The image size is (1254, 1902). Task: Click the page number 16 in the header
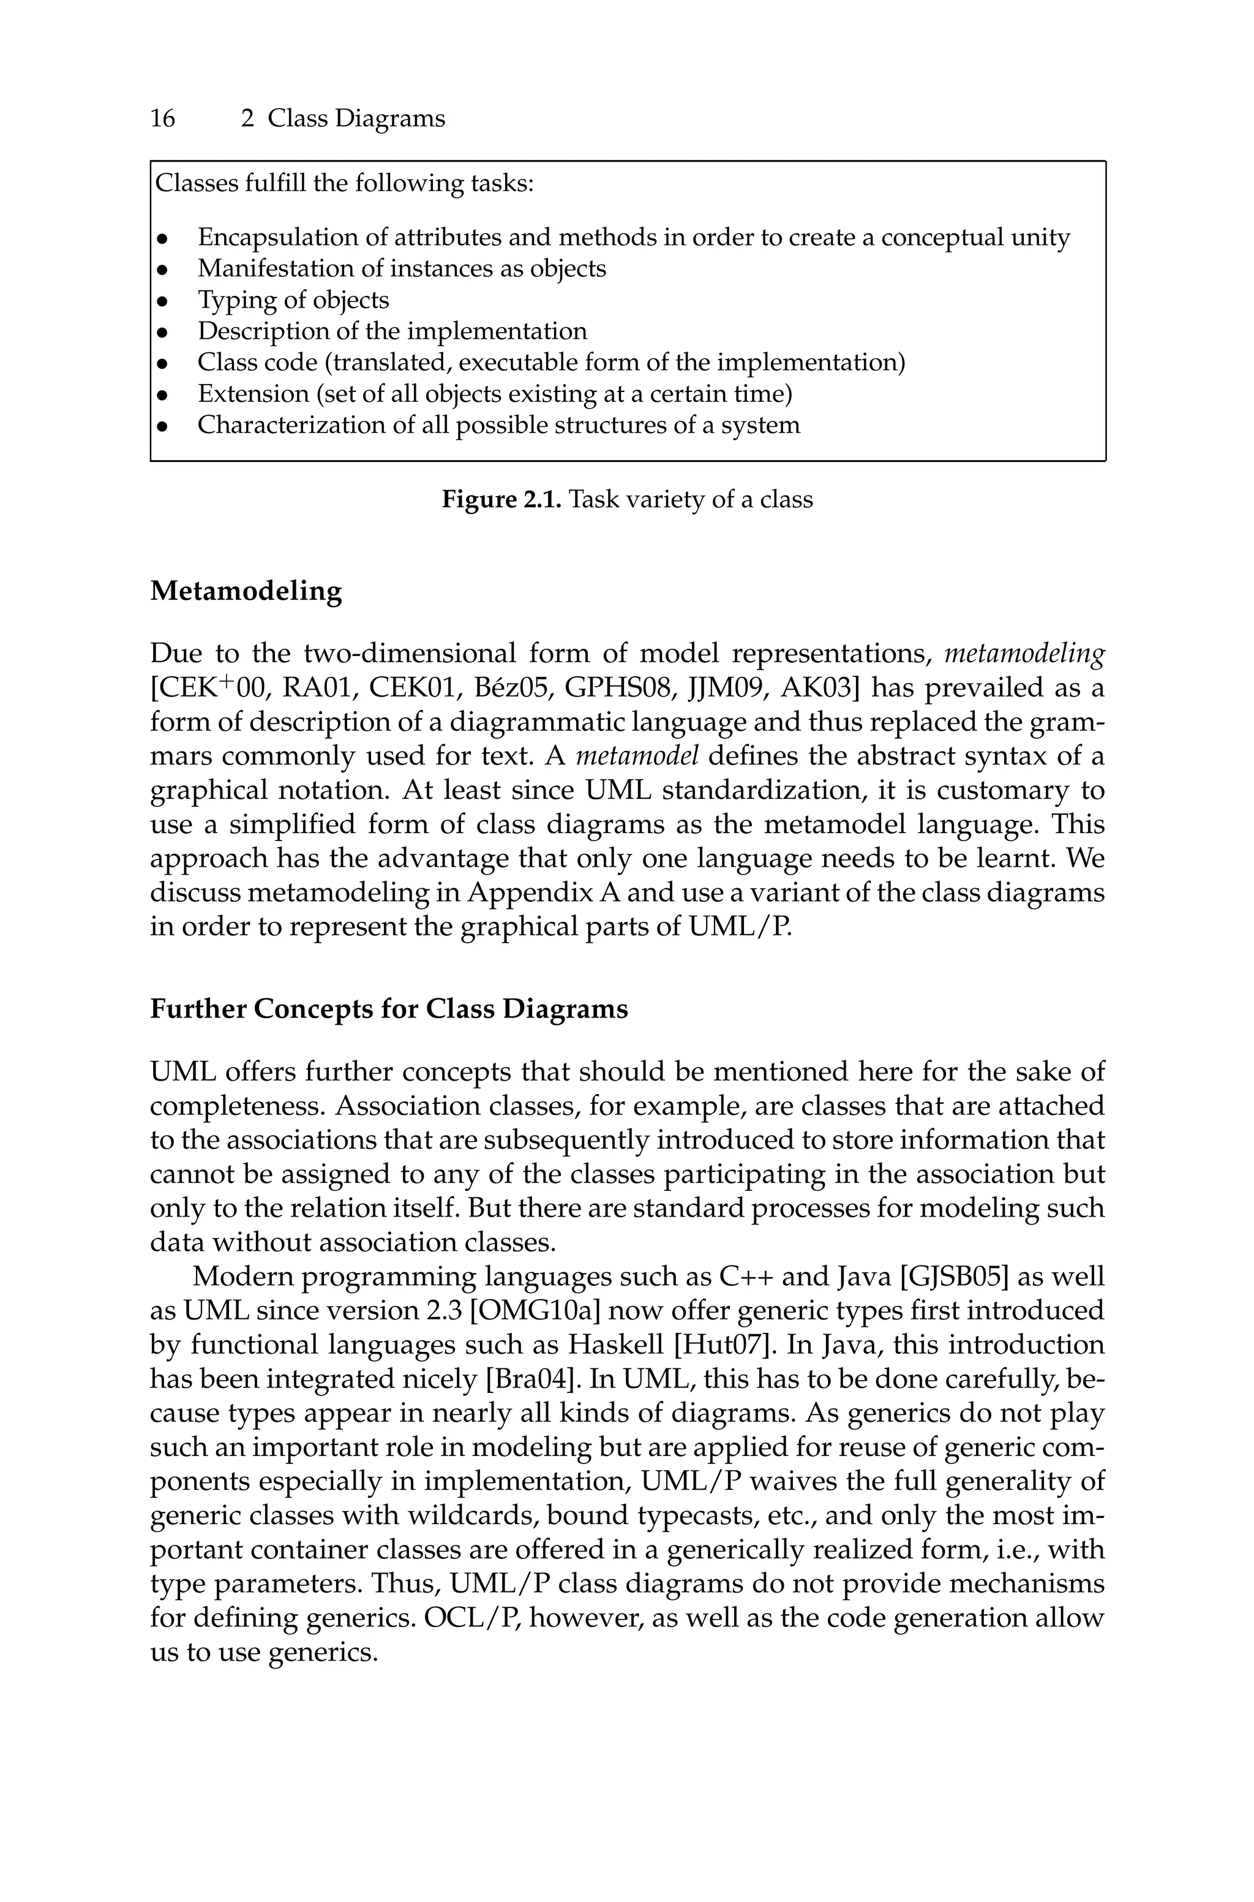[x=162, y=118]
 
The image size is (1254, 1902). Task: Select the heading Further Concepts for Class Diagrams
[x=389, y=1009]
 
